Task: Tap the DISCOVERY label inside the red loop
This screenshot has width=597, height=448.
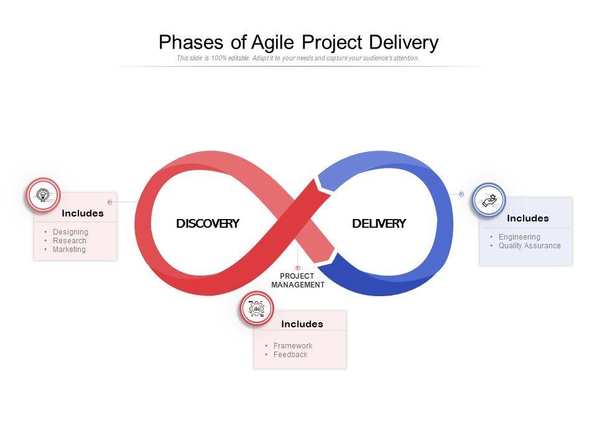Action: tap(208, 224)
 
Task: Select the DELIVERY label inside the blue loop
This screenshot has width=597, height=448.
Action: tap(379, 224)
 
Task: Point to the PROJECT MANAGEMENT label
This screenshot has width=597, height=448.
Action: tap(298, 281)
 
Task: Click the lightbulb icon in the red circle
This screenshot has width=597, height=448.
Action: tap(43, 195)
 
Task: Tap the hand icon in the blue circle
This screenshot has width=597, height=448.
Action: tap(489, 200)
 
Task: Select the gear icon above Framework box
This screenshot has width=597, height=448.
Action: tap(256, 309)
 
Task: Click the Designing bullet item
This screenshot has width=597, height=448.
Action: tap(70, 232)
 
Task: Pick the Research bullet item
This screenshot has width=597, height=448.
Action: tap(70, 241)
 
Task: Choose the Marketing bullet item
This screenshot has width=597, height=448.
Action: tap(69, 250)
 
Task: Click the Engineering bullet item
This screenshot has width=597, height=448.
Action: tap(519, 237)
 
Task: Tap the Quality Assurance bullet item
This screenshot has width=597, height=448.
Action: tap(529, 246)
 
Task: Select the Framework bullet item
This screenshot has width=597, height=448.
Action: tap(292, 346)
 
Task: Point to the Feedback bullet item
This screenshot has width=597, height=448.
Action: tap(290, 355)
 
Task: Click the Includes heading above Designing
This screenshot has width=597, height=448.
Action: tap(83, 213)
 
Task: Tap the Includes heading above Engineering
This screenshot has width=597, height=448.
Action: tap(528, 218)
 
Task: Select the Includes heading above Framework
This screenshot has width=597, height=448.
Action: tap(302, 324)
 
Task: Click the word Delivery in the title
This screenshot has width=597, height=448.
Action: tap(404, 43)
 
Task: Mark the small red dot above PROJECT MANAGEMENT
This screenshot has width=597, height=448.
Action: tap(298, 268)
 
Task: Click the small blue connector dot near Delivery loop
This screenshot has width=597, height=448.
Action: tap(461, 194)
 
